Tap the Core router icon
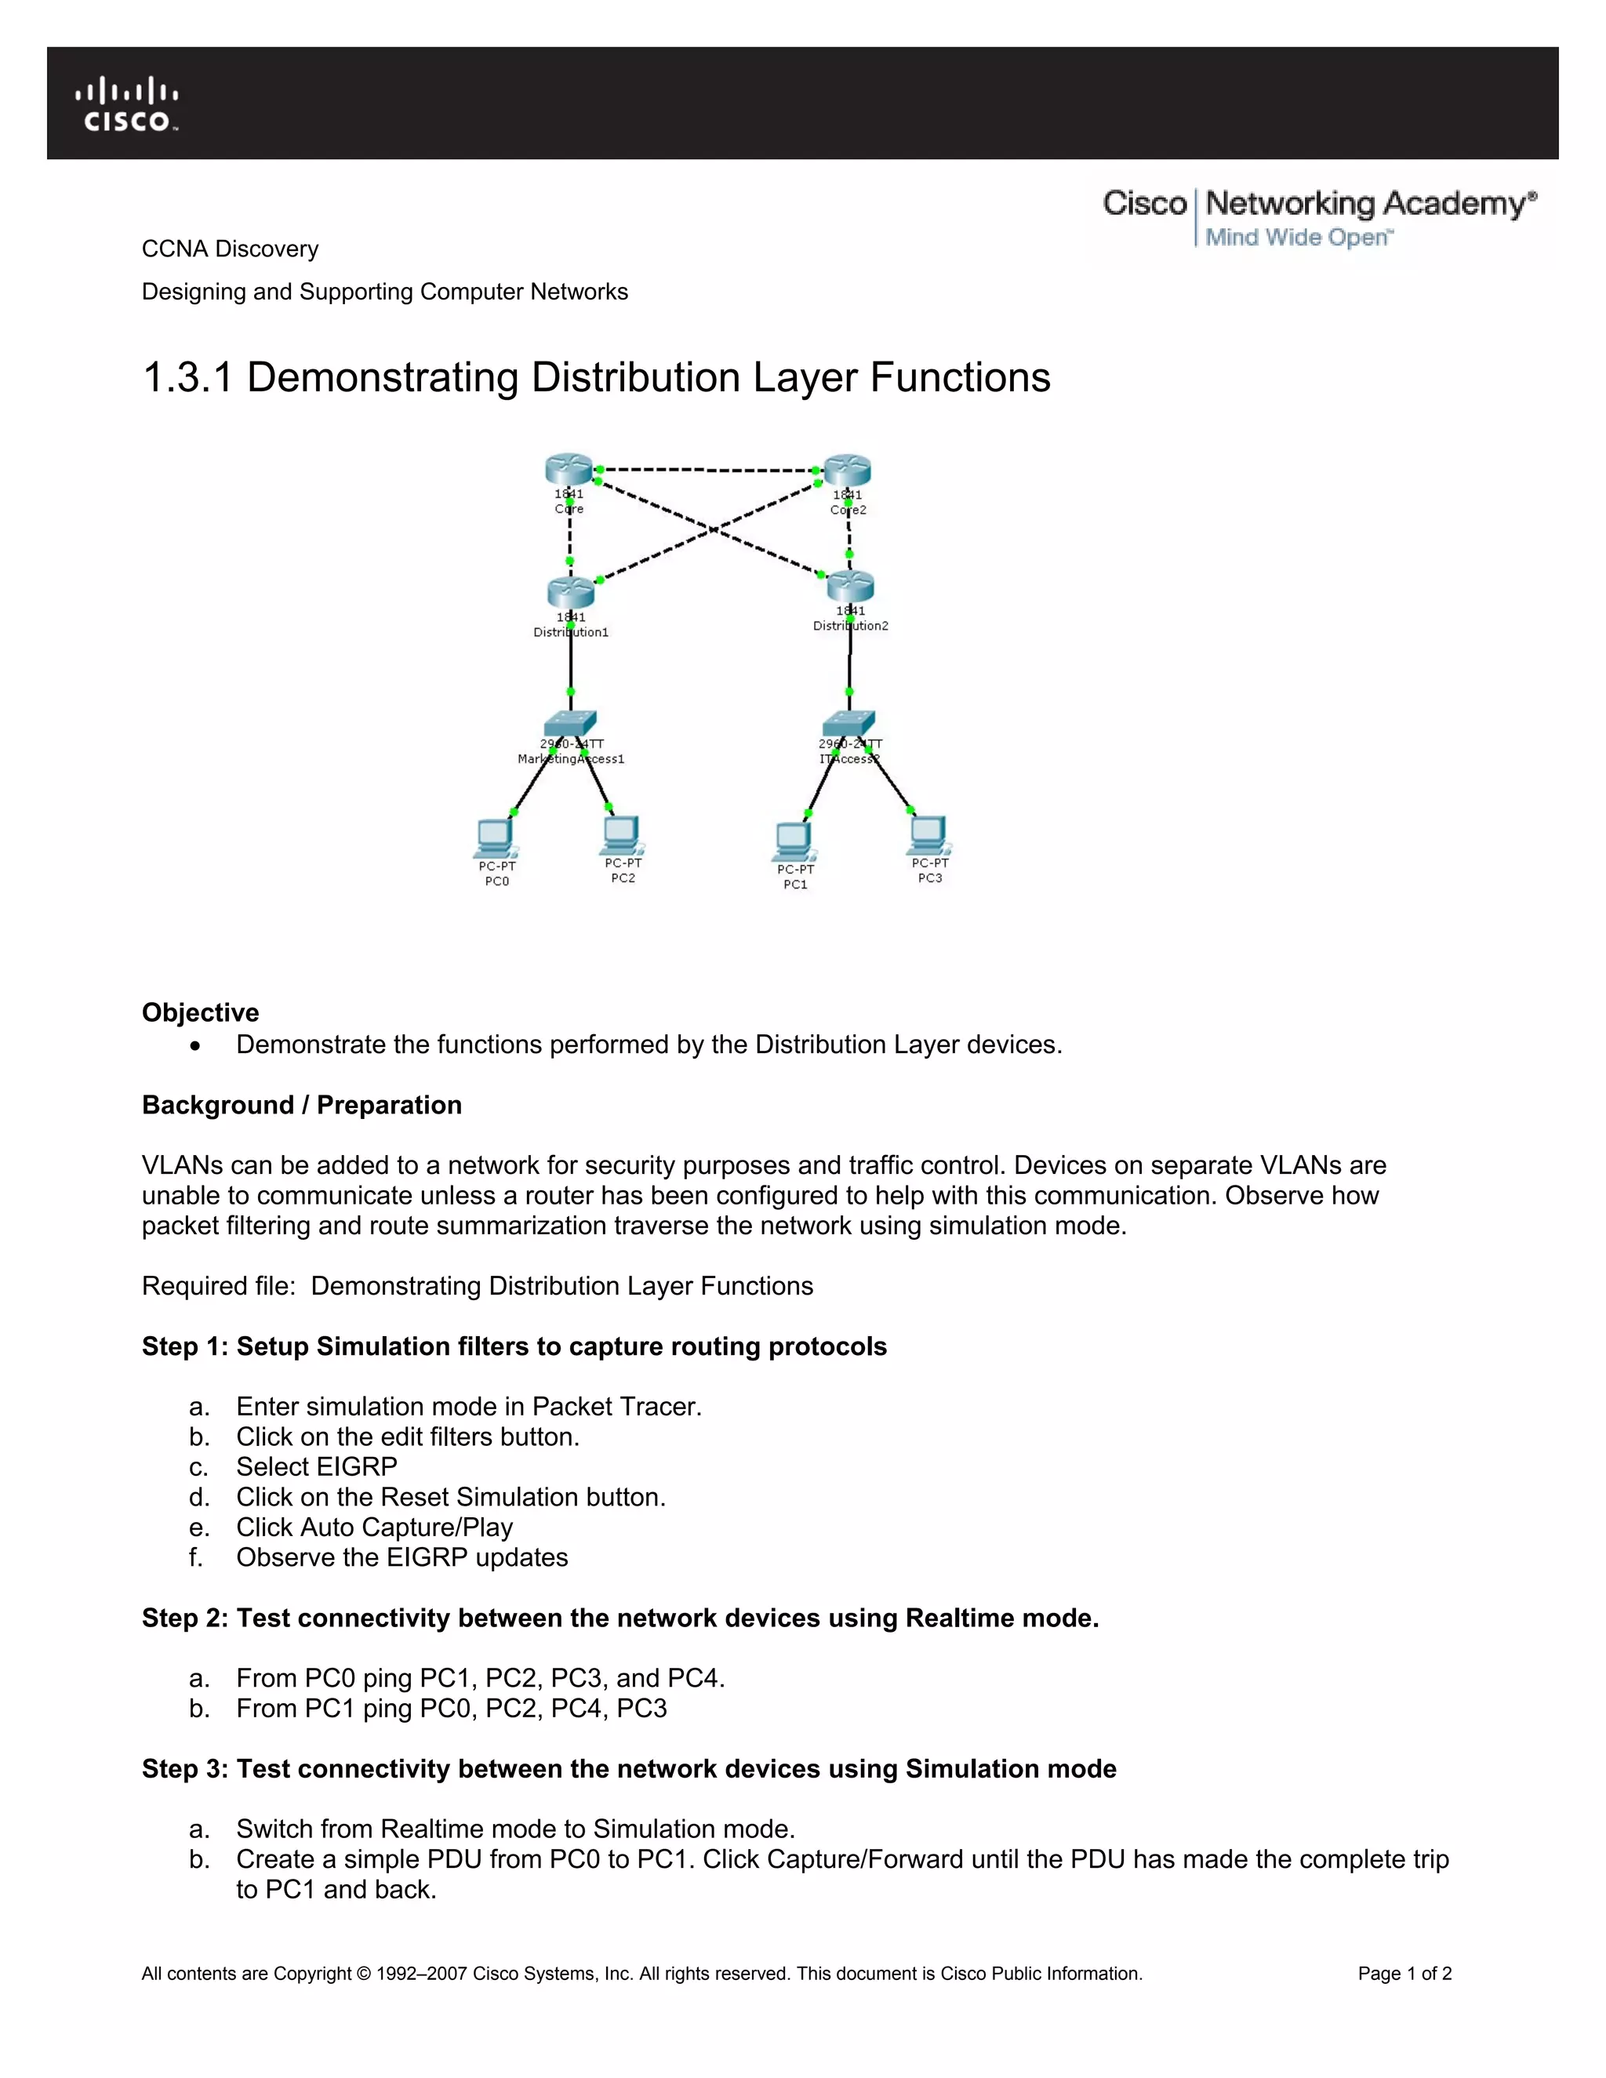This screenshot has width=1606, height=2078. tap(569, 469)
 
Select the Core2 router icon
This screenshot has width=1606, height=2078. tap(847, 470)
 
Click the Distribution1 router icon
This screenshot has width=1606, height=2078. tap(571, 592)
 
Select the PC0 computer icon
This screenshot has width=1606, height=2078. tap(496, 838)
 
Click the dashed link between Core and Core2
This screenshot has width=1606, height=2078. tap(708, 470)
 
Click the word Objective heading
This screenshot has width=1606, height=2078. tap(200, 1012)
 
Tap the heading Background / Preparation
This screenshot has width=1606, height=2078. tap(302, 1105)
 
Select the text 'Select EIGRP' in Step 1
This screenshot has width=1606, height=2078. tap(317, 1466)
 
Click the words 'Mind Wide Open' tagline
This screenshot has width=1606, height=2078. tap(1298, 237)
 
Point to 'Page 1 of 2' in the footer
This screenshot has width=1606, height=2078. tap(1404, 1974)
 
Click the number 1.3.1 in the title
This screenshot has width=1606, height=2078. tap(187, 378)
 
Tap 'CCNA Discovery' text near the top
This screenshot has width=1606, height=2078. tap(231, 249)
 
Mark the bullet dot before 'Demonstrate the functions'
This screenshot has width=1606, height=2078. tap(195, 1045)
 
